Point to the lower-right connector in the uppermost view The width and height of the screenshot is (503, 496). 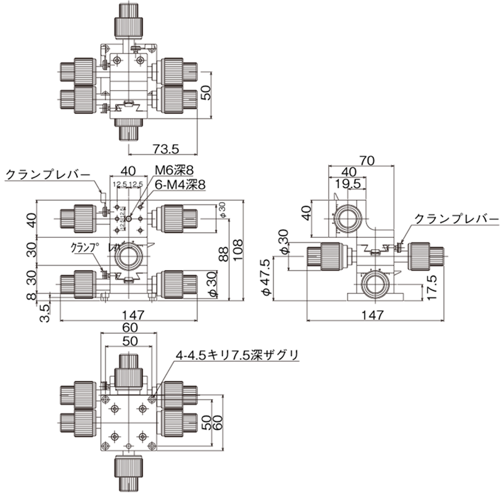click(x=179, y=101)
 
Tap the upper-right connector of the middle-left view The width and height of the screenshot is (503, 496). click(x=179, y=218)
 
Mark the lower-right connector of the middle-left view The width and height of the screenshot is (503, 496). click(x=179, y=284)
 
